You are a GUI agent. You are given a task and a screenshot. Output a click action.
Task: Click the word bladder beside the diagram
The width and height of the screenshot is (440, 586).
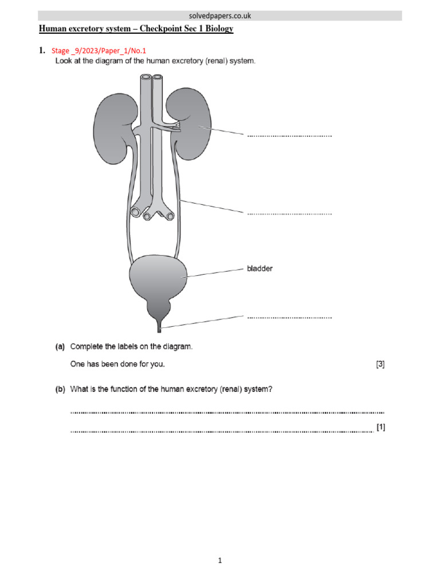260,268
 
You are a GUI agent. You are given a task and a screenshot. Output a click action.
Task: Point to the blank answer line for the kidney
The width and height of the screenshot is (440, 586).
289,136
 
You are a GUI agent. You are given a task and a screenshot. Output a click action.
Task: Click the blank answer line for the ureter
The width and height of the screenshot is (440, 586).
289,214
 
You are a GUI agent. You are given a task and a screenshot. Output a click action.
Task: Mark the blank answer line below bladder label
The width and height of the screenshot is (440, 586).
289,317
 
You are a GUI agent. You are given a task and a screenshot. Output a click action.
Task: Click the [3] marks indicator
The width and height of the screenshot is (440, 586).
380,364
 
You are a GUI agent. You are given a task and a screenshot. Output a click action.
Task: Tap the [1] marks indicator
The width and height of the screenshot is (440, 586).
380,427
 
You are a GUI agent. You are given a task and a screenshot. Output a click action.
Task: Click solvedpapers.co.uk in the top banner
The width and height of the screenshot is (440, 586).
220,16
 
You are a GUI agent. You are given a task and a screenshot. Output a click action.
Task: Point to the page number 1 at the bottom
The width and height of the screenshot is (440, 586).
220,561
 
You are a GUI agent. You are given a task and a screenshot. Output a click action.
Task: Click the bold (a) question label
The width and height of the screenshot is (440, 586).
60,347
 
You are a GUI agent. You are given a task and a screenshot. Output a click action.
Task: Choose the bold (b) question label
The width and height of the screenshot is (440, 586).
60,390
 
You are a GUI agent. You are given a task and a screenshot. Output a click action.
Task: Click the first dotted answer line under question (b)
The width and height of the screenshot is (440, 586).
227,412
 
